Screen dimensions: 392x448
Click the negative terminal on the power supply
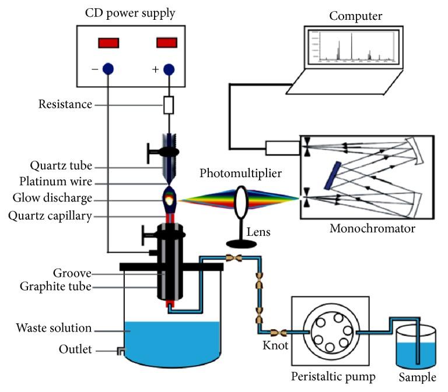107,69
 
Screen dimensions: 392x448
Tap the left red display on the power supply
109,43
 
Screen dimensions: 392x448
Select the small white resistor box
169,105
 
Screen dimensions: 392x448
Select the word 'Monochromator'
372,228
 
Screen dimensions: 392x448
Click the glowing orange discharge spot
170,200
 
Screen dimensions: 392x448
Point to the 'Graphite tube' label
55,286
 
